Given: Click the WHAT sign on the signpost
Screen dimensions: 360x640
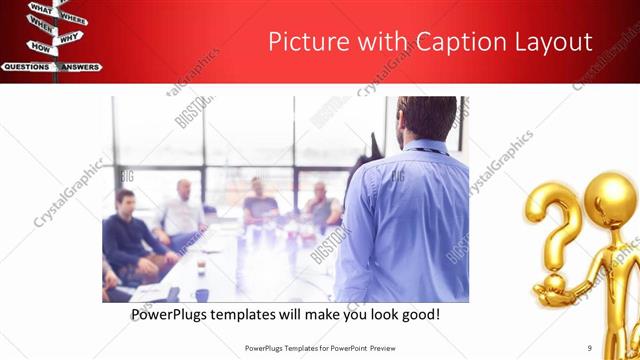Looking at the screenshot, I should (x=41, y=9).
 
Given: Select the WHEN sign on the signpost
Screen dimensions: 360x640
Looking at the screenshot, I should (x=40, y=22).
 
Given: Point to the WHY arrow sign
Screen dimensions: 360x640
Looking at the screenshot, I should (x=69, y=38).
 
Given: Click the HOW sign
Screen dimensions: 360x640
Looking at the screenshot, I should (x=40, y=47).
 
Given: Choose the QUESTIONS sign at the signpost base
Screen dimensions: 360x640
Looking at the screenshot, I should (x=26, y=67).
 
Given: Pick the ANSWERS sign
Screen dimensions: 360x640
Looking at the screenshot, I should (x=79, y=67).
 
